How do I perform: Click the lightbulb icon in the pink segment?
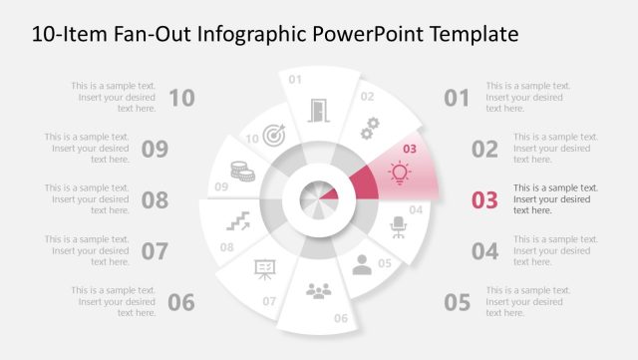click(400, 173)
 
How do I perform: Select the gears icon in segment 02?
click(370, 128)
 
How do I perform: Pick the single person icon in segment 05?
click(362, 264)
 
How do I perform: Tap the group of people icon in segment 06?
click(318, 290)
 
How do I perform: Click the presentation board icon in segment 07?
click(265, 269)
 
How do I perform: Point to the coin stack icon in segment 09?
click(242, 171)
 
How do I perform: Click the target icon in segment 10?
click(275, 135)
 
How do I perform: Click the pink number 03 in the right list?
click(483, 199)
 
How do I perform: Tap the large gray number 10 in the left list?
click(181, 98)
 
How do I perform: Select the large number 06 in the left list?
click(181, 302)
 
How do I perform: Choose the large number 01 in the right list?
click(457, 98)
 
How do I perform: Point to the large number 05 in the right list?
click(457, 302)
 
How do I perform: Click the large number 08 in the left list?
click(155, 199)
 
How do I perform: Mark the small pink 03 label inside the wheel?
click(408, 150)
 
